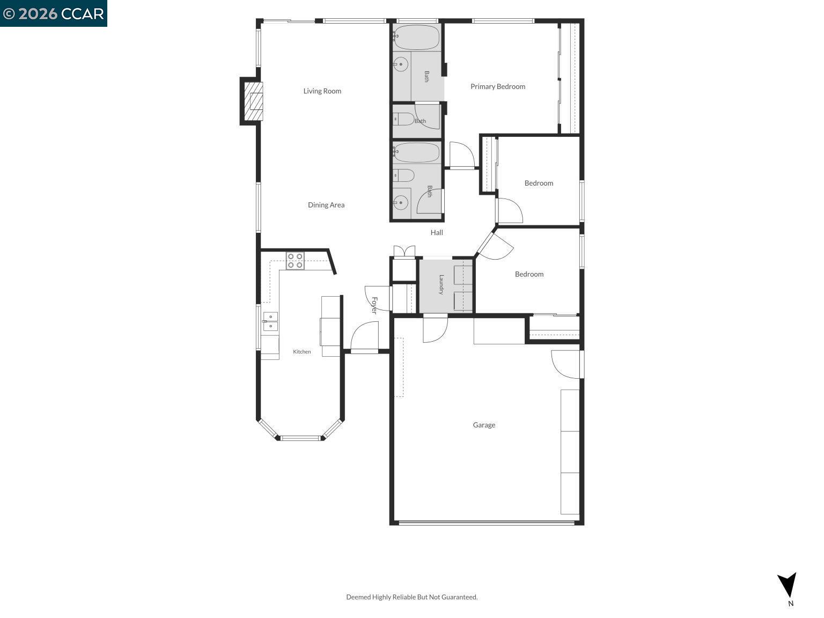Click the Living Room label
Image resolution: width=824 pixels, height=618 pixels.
coord(322,91)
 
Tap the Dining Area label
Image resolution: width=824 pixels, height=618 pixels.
coord(326,205)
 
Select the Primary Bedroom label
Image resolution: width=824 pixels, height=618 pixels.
coord(498,87)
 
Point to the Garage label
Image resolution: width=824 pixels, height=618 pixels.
coord(484,425)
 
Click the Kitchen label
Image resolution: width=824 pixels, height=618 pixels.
coord(302,351)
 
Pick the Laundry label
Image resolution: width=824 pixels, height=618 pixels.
coord(442,284)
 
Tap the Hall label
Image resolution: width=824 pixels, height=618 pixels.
coord(437,233)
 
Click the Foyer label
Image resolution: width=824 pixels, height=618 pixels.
coord(374,305)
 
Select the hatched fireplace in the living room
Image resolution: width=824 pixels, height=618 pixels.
coord(253,101)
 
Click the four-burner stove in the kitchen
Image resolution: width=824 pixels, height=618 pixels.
coord(295,260)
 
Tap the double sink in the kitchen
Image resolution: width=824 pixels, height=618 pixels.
coord(270,321)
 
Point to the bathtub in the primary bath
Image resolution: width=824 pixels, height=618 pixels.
coord(416,37)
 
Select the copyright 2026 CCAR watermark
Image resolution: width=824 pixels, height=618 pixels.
coord(53,13)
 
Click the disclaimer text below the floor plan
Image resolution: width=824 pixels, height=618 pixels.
coord(412,597)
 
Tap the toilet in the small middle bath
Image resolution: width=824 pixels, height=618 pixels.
coord(403,119)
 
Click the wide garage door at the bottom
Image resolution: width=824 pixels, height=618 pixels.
coord(487,523)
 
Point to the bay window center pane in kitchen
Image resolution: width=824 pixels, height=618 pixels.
coord(300,438)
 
